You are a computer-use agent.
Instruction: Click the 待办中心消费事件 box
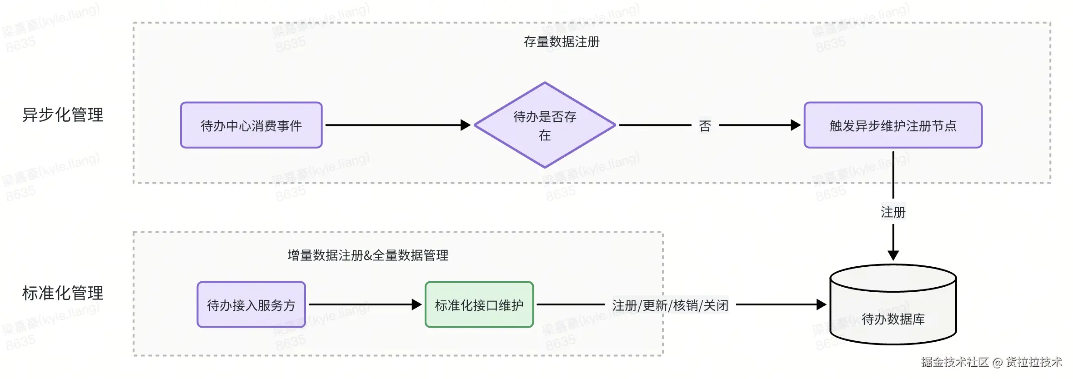click(x=251, y=125)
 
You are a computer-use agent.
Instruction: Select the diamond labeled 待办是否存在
click(x=544, y=125)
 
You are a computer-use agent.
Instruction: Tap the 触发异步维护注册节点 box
click(x=892, y=125)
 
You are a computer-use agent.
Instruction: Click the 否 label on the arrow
click(x=705, y=126)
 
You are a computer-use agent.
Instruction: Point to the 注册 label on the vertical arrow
click(x=893, y=212)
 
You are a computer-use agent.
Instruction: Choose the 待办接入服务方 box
click(x=251, y=304)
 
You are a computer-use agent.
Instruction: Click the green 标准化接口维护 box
click(x=479, y=304)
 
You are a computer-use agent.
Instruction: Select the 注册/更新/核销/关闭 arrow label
click(x=670, y=305)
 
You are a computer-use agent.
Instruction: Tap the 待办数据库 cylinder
click(x=893, y=309)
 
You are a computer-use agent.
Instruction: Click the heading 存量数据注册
click(x=562, y=42)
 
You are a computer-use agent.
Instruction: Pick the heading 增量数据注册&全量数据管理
click(x=368, y=255)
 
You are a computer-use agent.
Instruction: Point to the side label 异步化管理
click(x=63, y=115)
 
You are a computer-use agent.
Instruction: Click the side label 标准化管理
click(x=63, y=293)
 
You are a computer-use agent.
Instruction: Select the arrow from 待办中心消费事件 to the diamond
click(x=396, y=125)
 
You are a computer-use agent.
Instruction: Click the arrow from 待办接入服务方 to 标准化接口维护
click(x=364, y=304)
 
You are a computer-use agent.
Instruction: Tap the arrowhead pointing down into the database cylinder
click(x=893, y=255)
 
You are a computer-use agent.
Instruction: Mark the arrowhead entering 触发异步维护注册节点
click(x=795, y=125)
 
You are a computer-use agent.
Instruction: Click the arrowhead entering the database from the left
click(x=821, y=304)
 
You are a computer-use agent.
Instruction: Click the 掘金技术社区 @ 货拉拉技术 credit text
click(x=991, y=362)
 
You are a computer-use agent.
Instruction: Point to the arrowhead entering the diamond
click(x=465, y=125)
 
